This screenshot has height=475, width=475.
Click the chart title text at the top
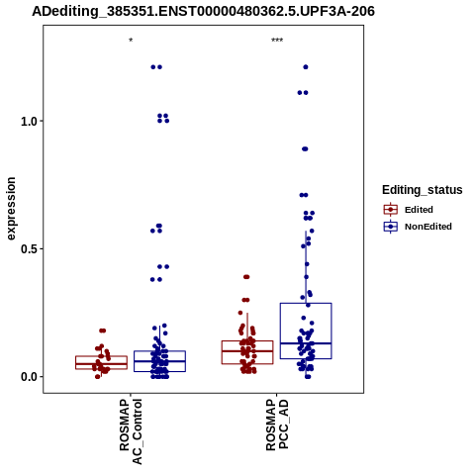[203, 12]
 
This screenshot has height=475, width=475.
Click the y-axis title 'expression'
[11, 209]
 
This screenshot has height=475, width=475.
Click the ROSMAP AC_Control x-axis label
[131, 431]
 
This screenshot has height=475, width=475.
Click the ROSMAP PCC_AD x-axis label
[277, 425]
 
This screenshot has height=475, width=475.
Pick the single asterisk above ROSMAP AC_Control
[131, 41]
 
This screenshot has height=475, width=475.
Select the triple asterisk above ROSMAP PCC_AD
[277, 41]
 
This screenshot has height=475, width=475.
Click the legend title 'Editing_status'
[423, 190]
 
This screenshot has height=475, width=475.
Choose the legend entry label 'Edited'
[419, 210]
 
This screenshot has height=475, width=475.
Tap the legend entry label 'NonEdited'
[428, 227]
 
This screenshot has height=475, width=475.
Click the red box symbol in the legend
[391, 210]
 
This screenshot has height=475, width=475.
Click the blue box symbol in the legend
[391, 227]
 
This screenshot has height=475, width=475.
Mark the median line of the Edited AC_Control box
[101, 364]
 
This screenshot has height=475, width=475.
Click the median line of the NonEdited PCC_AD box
[306, 343]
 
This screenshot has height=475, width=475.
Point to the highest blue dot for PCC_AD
[306, 67]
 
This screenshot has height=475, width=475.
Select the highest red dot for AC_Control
[103, 331]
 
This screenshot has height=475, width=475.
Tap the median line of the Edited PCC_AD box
[247, 351]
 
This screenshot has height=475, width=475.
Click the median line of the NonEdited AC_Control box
[159, 361]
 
